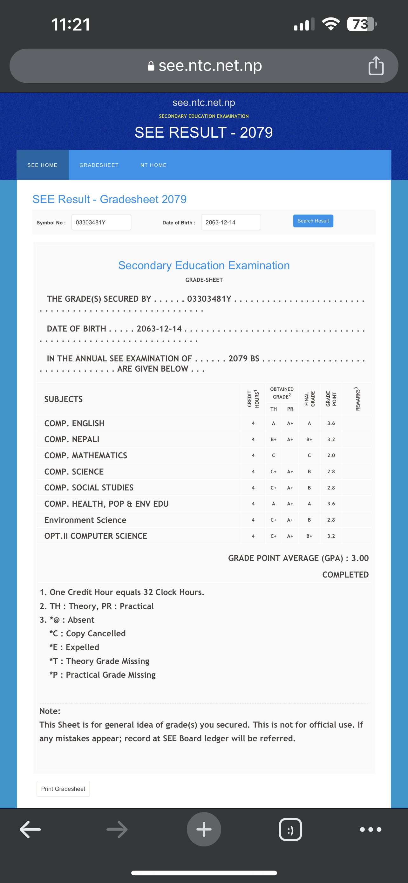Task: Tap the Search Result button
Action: pos(313,221)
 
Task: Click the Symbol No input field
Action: pos(101,222)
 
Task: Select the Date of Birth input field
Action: pos(231,222)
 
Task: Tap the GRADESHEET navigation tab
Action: pos(99,165)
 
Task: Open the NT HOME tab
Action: pos(153,165)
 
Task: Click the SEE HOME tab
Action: pos(43,165)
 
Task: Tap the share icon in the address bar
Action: pos(376,65)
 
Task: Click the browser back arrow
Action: pos(31,830)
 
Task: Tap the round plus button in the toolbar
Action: pos(204,830)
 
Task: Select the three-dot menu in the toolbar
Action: pos(370,830)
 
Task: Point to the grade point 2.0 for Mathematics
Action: pos(331,455)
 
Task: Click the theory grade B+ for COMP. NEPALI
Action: pos(273,439)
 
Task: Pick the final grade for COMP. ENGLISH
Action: pos(309,423)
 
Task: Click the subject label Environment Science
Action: pos(85,520)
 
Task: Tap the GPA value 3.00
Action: pos(360,558)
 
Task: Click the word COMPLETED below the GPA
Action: pos(345,574)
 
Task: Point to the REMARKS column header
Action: pos(357,399)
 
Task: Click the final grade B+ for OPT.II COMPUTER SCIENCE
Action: pos(309,536)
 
